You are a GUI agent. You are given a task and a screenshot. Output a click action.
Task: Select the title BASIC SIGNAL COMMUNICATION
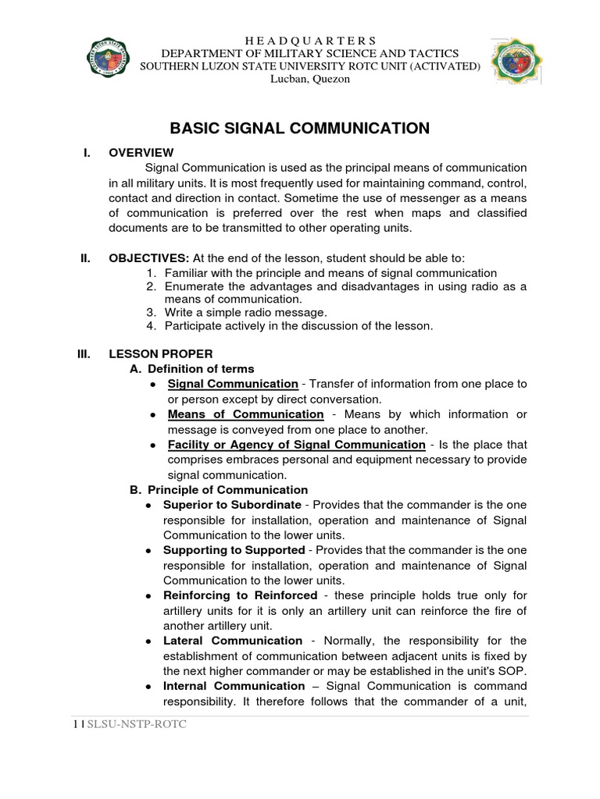click(300, 128)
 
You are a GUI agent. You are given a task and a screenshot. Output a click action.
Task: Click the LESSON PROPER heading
click(160, 353)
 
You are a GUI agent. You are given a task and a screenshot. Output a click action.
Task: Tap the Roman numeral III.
click(84, 353)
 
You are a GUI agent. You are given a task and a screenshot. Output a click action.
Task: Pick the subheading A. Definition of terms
click(191, 368)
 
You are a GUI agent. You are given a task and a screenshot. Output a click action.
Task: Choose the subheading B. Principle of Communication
click(218, 490)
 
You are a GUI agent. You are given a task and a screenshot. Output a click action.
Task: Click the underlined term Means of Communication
click(245, 414)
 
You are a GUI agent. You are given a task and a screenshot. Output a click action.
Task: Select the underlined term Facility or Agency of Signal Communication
click(296, 445)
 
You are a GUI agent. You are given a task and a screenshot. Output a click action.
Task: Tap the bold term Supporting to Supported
click(234, 550)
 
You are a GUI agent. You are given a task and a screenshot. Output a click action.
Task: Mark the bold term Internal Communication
click(234, 686)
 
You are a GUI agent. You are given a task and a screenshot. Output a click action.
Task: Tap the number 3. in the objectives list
click(152, 312)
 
